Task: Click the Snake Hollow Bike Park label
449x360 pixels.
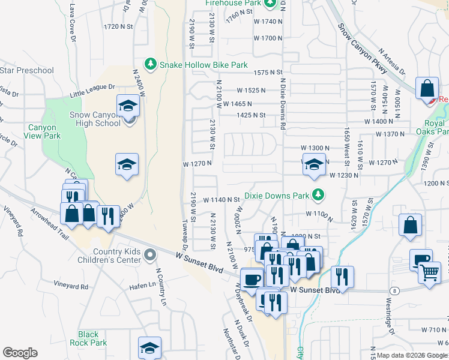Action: [x=203, y=64]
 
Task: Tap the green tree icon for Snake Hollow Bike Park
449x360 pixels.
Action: [x=150, y=64]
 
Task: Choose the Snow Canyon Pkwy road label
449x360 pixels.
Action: [x=363, y=49]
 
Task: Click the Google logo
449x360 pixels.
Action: [x=20, y=353]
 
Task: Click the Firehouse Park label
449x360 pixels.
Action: [x=233, y=4]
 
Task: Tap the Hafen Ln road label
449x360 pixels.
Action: [x=142, y=287]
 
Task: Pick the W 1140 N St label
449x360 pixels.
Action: [x=221, y=199]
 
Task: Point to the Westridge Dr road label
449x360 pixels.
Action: [x=391, y=316]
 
